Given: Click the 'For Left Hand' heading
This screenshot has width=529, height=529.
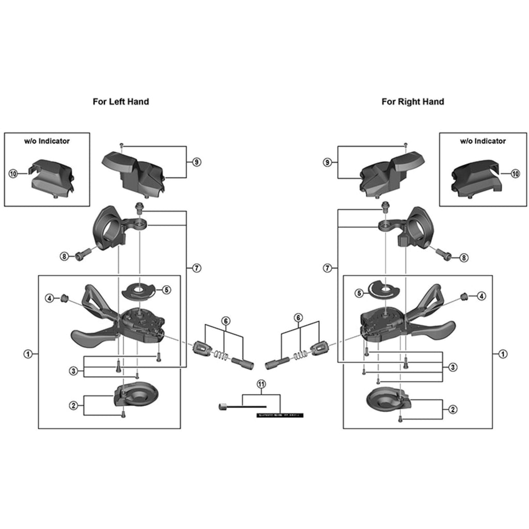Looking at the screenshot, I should [120, 102].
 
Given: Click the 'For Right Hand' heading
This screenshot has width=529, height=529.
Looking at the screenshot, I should [412, 102].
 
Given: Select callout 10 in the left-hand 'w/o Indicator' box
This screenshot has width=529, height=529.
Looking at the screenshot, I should [13, 174].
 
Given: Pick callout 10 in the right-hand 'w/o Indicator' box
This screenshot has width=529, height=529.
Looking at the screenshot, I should [515, 174].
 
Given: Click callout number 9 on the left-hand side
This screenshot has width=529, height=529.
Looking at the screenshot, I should [196, 162].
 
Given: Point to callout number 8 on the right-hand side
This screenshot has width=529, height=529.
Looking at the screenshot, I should [463, 257].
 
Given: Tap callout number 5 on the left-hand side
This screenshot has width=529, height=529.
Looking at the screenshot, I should [166, 290].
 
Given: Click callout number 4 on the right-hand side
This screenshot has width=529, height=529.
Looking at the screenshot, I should [481, 297].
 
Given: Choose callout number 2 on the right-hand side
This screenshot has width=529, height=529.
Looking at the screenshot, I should [453, 409].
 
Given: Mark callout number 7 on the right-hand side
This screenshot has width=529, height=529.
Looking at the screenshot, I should [326, 268].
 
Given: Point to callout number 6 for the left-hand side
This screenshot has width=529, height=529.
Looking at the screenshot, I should [225, 320].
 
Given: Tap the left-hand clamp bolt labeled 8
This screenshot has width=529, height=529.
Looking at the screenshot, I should [83, 255].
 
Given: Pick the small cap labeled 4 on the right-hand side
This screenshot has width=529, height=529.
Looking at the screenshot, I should [463, 296].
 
